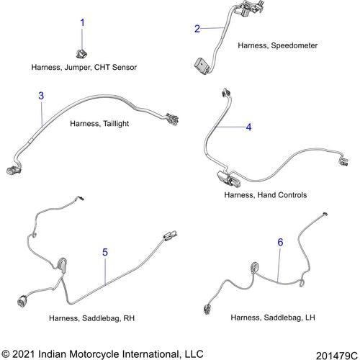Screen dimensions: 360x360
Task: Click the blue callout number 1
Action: point(82,23)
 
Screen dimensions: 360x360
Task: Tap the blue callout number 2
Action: point(197,29)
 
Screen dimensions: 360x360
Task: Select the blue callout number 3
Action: point(41,96)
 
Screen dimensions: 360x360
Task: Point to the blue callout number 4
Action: point(249,127)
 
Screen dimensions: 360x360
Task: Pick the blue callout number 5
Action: point(105,252)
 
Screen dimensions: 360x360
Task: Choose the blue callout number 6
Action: point(280,242)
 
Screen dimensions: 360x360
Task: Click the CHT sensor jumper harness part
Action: point(81,53)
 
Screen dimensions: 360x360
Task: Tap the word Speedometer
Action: point(294,45)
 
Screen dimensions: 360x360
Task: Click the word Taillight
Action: point(116,124)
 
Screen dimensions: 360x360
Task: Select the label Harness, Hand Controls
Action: point(266,195)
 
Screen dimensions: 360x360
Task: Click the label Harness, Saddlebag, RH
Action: point(91,318)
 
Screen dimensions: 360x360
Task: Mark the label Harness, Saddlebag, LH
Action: point(273,318)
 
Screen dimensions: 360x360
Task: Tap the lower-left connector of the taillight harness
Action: point(14,170)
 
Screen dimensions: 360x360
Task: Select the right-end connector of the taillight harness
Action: point(173,119)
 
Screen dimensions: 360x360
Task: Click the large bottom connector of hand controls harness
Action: point(228,179)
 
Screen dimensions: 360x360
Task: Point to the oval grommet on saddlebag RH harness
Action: point(62,265)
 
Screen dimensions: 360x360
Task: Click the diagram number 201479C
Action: point(337,356)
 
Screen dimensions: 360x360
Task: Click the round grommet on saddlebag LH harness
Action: point(255,267)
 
